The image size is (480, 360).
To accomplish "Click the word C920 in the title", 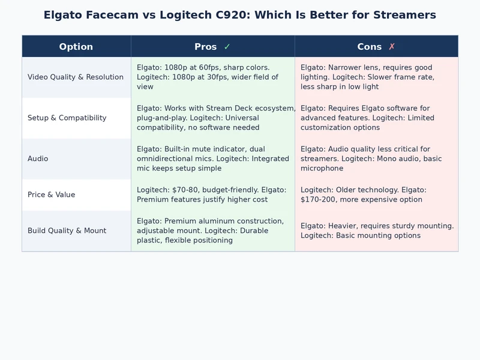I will [233, 15].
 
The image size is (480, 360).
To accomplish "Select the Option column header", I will [76, 47].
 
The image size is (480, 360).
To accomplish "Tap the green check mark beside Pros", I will [227, 47].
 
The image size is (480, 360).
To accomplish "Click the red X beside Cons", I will [392, 47].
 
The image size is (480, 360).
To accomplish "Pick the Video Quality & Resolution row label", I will [76, 77].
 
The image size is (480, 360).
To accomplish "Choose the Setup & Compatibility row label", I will [67, 118].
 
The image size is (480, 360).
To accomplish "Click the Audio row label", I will [38, 159].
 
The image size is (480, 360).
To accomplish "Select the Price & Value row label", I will [52, 195].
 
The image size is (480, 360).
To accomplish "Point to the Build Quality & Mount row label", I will [67, 231].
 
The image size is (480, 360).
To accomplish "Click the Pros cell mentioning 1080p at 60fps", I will [212, 77].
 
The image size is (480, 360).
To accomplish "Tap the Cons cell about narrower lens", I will [376, 77].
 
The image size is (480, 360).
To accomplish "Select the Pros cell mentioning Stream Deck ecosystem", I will [212, 118].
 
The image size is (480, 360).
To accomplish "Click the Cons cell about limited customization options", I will [376, 118].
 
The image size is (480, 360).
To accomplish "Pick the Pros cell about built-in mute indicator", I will [212, 159].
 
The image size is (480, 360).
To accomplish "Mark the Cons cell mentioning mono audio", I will [376, 159].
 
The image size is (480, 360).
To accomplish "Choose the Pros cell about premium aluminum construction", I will [212, 231].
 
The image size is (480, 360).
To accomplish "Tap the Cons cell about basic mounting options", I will [376, 231].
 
